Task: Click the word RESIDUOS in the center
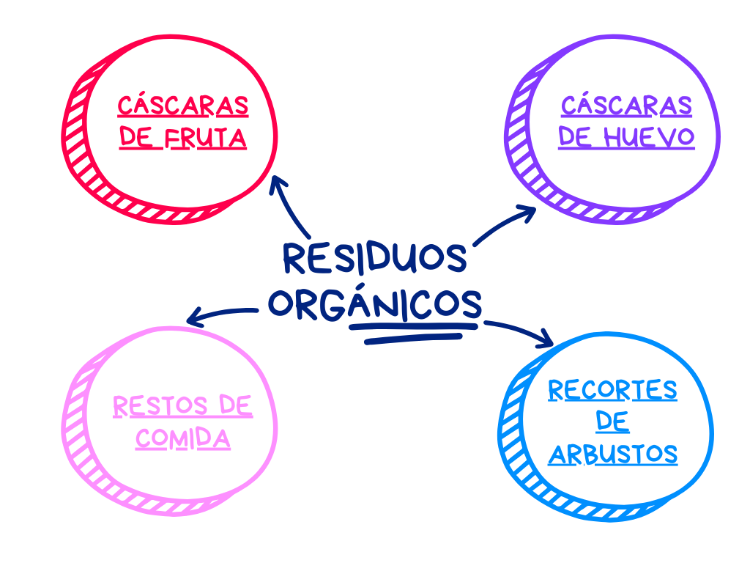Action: click(x=374, y=257)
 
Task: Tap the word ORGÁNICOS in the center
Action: click(x=374, y=303)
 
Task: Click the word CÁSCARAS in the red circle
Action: click(x=183, y=106)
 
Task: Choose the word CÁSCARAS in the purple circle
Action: click(x=626, y=106)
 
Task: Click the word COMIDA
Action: click(x=183, y=438)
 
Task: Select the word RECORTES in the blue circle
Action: click(x=612, y=390)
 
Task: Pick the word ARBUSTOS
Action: click(x=612, y=455)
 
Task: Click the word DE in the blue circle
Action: click(x=612, y=422)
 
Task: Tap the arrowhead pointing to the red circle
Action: click(x=278, y=183)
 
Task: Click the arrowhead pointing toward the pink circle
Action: click(x=194, y=318)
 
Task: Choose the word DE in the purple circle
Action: click(x=575, y=136)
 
